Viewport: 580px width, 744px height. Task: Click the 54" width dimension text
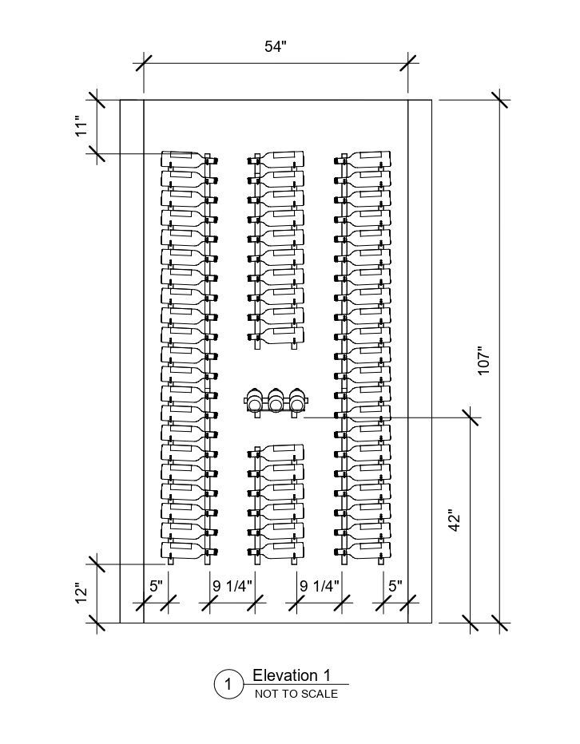pos(276,46)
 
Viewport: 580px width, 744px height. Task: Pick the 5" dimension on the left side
pos(155,586)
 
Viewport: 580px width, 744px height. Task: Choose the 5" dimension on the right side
pos(395,586)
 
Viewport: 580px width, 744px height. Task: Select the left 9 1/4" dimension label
pos(232,586)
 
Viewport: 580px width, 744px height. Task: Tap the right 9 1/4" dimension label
pos(320,586)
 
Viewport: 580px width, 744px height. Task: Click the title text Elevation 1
pos(291,676)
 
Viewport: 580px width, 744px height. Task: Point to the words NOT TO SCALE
pos(296,694)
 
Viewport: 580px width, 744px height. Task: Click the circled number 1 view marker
pos(228,684)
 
